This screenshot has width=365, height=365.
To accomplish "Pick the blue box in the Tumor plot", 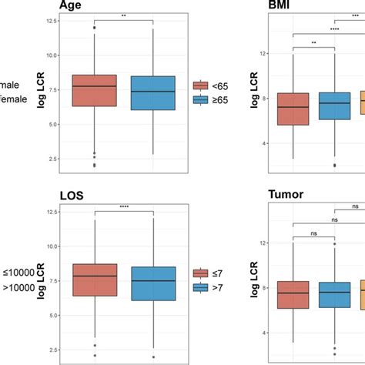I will tap(334, 294).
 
